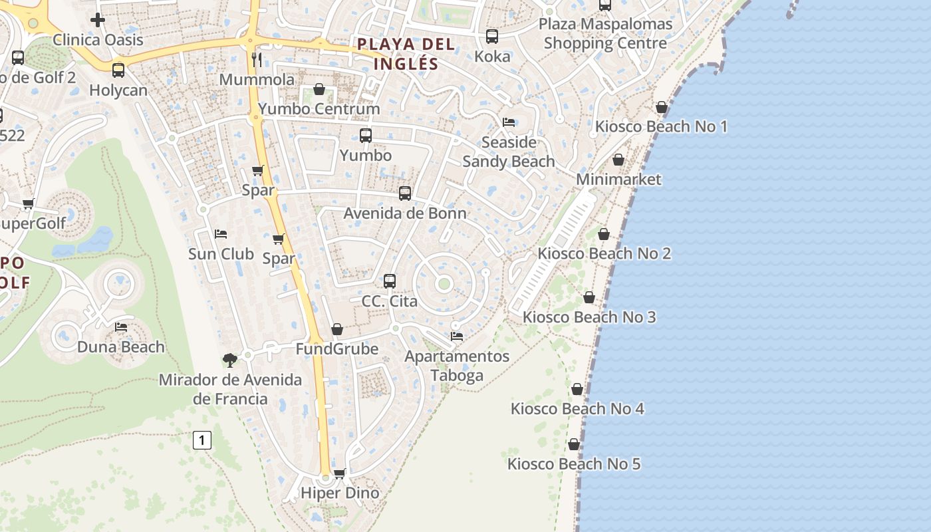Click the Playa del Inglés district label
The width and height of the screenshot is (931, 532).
coord(406,54)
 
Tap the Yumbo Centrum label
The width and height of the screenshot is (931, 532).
coord(319,108)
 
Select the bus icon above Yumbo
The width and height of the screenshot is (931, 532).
coord(365,136)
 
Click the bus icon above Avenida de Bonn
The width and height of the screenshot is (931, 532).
coord(405,194)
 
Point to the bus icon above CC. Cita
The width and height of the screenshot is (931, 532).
coord(390,281)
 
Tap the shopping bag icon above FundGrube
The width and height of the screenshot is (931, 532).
coord(337,329)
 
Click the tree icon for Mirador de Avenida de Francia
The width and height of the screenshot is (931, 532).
coord(230,360)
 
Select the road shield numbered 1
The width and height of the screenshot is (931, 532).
coord(202,440)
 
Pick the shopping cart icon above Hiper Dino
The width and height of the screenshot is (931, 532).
coord(340,473)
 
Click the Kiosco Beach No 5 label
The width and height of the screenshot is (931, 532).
coord(574,464)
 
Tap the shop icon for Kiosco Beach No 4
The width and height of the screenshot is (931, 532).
coord(577,389)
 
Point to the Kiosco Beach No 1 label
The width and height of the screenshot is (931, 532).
coord(661,126)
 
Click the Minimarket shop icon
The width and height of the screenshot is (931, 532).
coord(618,160)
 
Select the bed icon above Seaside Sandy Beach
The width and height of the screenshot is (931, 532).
coord(509,122)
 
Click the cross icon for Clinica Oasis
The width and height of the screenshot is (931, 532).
coord(98,20)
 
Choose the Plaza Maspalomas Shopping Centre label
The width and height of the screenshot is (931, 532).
coord(605,33)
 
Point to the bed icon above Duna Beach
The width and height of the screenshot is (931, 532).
coord(121,327)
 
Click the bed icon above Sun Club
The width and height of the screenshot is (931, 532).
coord(221,234)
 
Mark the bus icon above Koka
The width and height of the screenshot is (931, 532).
coord(492,37)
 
